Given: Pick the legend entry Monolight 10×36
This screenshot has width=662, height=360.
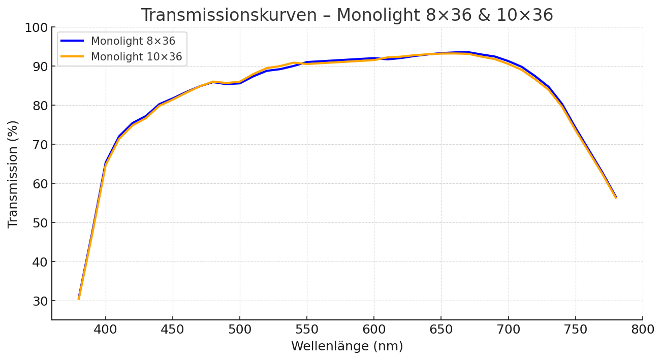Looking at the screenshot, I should pos(136,57).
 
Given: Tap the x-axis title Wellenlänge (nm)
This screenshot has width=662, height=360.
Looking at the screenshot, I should pos(347,347).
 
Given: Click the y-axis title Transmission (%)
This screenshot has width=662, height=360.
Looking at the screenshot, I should pos(13,174).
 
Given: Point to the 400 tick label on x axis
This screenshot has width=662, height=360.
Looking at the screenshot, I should pos(106,330).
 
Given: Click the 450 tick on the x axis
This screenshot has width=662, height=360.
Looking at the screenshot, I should pos(173,330).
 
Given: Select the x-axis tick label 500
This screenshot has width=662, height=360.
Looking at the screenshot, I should pos(240,330).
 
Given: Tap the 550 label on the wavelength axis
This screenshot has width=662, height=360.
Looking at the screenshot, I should pos(307,330).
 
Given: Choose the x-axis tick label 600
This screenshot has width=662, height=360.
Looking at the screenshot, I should pos(374,330).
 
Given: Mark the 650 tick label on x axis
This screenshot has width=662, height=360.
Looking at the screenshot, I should pos(441,330).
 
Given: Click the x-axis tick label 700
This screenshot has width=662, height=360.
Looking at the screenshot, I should pos(508,330).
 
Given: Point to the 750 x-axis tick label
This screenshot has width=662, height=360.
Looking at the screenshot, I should pos(575,330).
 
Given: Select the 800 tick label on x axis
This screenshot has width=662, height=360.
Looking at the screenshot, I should pos(642,330).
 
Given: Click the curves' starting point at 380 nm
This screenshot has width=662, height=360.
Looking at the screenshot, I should pos(79,299).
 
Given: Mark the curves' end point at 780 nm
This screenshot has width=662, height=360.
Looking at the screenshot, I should pos(616,197).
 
